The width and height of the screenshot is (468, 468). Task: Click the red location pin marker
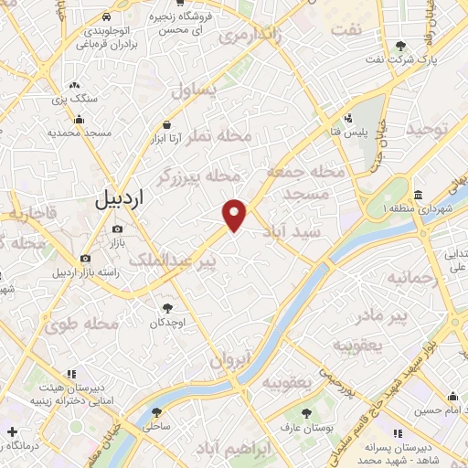pos(235,214)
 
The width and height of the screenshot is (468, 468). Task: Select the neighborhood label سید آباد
pos(297,232)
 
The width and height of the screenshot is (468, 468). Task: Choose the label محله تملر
pos(218,135)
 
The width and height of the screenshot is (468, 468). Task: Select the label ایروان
pos(229,361)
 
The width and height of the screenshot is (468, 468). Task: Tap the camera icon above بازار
pos(117,229)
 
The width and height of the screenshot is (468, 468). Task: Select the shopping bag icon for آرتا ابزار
pos(166,125)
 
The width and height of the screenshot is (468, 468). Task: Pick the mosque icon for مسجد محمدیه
pos(80,119)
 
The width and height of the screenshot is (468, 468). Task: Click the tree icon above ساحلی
pos(156,412)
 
